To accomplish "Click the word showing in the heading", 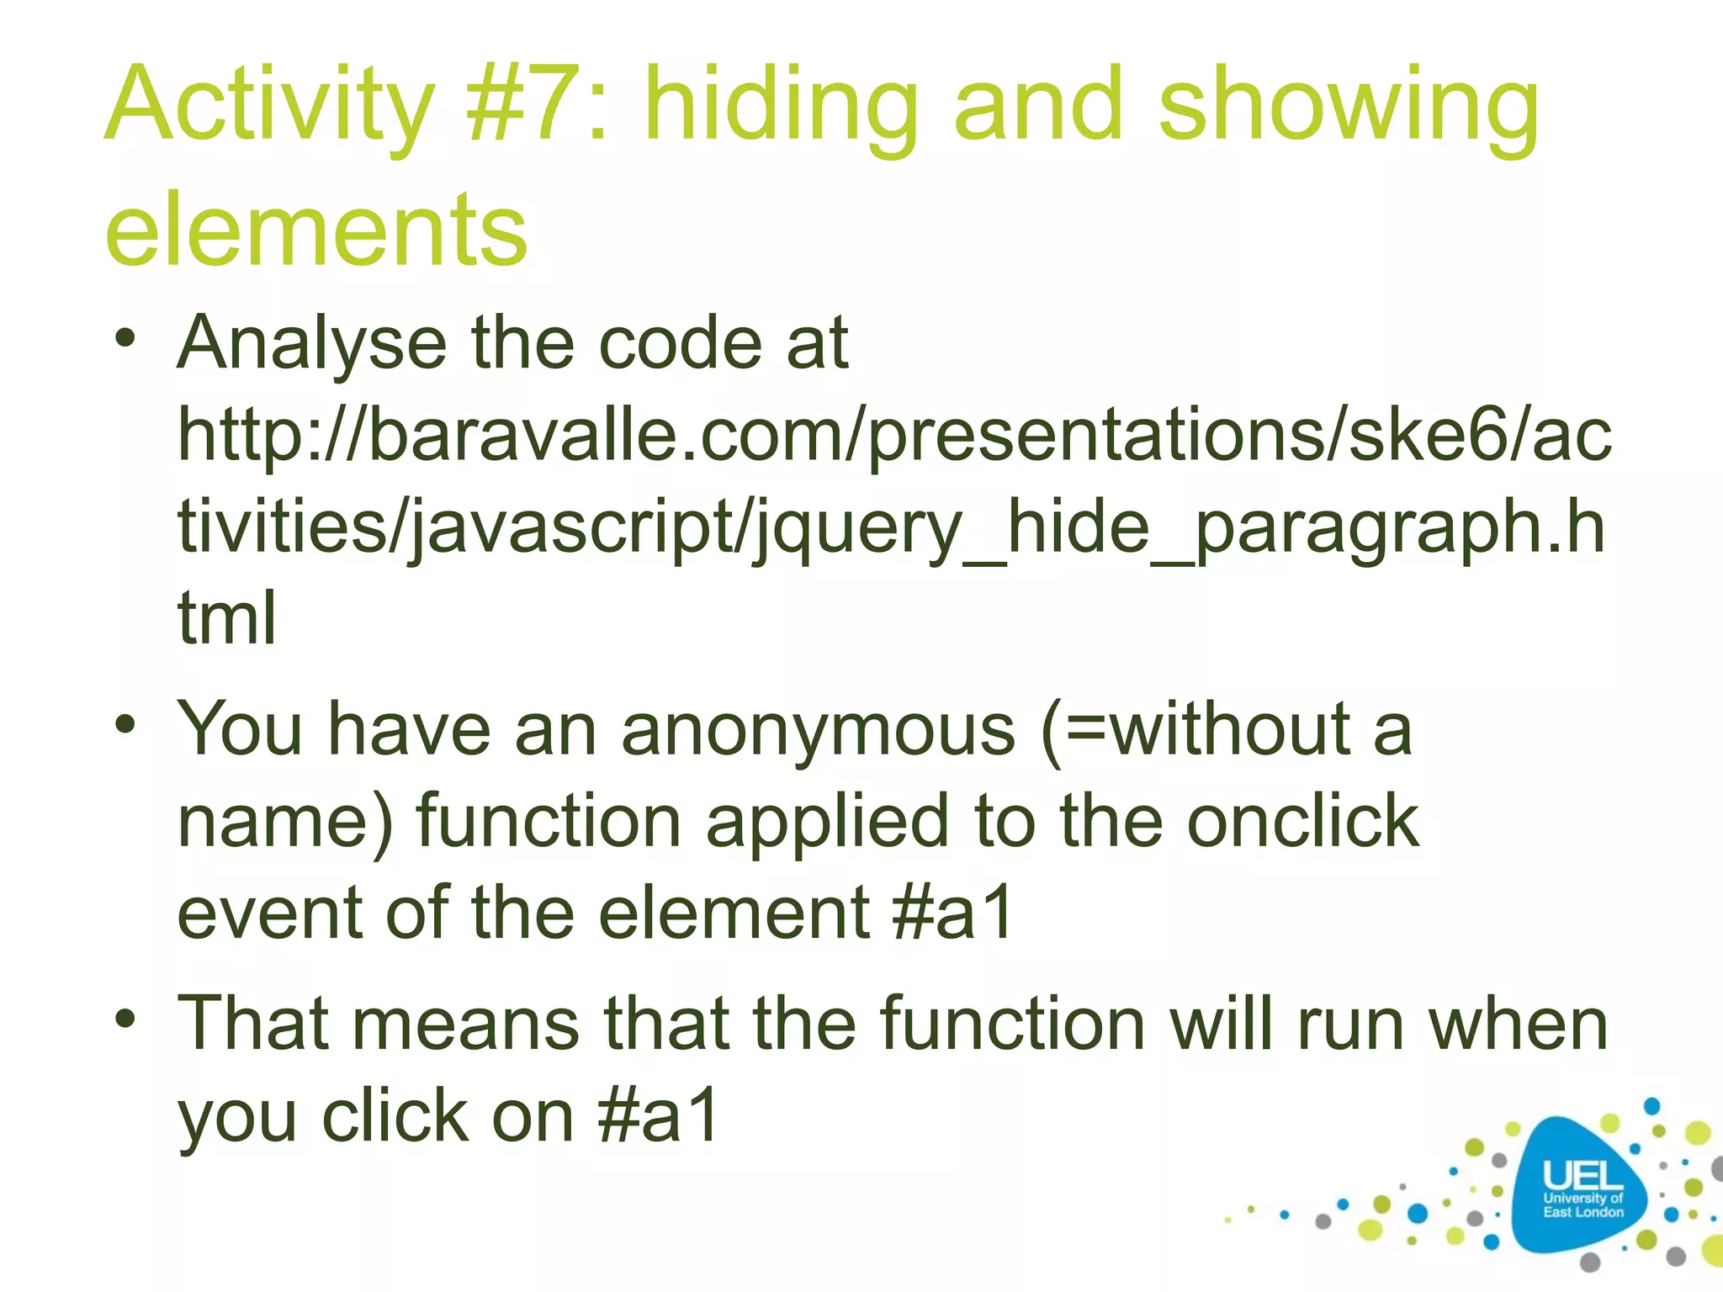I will point(1349,108).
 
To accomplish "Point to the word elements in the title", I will point(315,230).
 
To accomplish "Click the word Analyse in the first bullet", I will point(311,345).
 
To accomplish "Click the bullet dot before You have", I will point(125,724).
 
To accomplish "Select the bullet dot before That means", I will point(125,1019).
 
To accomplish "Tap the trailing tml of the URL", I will point(226,618).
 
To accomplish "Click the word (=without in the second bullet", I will point(1194,730).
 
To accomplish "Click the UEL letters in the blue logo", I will point(1582,1174).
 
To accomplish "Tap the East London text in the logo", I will point(1583,1212).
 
